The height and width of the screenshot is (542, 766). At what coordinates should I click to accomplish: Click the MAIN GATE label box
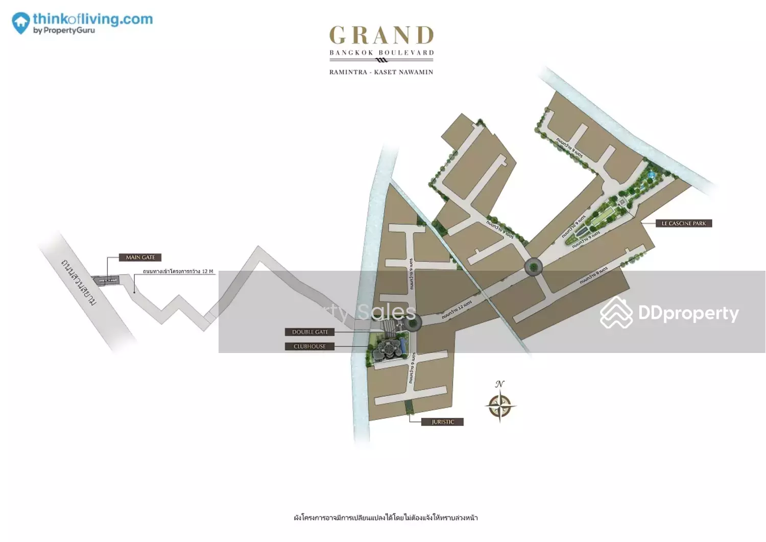click(x=140, y=257)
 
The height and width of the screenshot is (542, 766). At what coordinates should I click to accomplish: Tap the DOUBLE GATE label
click(x=310, y=332)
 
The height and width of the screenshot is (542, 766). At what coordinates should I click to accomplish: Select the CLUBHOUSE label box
click(x=309, y=346)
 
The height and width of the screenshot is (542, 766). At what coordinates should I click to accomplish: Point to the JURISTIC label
click(x=442, y=422)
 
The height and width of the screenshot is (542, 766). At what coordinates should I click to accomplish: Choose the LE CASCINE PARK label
click(x=683, y=223)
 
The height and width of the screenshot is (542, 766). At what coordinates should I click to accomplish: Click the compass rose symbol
click(x=500, y=406)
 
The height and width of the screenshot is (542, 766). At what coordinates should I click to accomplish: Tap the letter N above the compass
click(x=499, y=384)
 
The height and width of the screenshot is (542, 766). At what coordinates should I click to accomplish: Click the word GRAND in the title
click(x=381, y=36)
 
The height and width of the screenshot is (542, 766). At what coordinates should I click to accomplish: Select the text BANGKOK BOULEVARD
click(x=381, y=53)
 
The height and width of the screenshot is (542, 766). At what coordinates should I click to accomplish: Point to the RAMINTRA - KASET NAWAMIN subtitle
click(x=381, y=72)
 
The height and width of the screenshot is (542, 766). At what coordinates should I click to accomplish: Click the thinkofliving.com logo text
click(x=92, y=19)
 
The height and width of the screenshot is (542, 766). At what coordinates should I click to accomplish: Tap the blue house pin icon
click(x=20, y=23)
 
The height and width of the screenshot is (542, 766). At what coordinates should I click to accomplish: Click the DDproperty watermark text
click(x=688, y=313)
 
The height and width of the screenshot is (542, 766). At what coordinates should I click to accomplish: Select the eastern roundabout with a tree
click(x=534, y=266)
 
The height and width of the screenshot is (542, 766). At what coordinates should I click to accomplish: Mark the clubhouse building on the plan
click(x=387, y=350)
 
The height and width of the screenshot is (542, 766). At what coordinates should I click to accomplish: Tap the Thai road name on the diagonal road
click(x=79, y=282)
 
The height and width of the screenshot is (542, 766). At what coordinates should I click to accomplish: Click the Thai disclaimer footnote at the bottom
click(x=386, y=517)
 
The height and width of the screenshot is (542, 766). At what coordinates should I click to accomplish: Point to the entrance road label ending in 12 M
click(x=178, y=271)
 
